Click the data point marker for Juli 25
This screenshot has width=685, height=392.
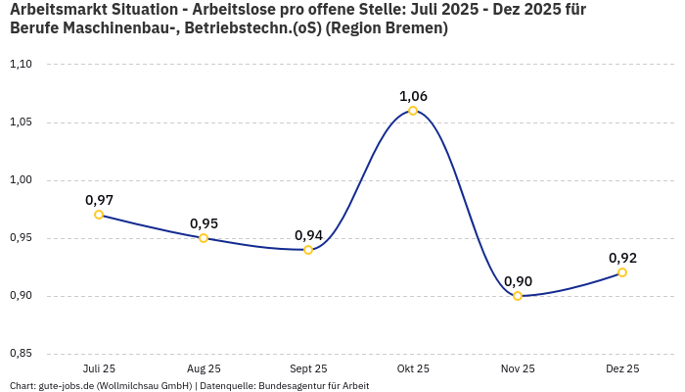[99, 215]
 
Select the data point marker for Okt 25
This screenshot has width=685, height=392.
[413, 111]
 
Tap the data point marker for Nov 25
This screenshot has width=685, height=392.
[518, 296]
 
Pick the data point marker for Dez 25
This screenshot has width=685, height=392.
[622, 272]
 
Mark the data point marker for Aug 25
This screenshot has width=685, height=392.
[204, 238]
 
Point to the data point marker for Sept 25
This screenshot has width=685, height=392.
[308, 250]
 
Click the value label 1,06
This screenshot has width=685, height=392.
[413, 96]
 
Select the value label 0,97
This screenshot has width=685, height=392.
[99, 200]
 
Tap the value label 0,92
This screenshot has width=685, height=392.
[622, 258]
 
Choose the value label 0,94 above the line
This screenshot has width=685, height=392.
[308, 235]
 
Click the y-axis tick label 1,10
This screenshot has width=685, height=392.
[22, 65]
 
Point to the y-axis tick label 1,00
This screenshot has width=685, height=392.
[22, 180]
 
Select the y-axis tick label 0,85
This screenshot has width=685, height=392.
[22, 354]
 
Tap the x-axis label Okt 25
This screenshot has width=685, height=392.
[413, 368]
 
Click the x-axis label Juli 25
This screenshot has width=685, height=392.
[99, 368]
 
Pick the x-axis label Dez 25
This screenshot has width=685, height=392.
[622, 368]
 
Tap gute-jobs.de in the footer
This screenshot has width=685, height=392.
[67, 386]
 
